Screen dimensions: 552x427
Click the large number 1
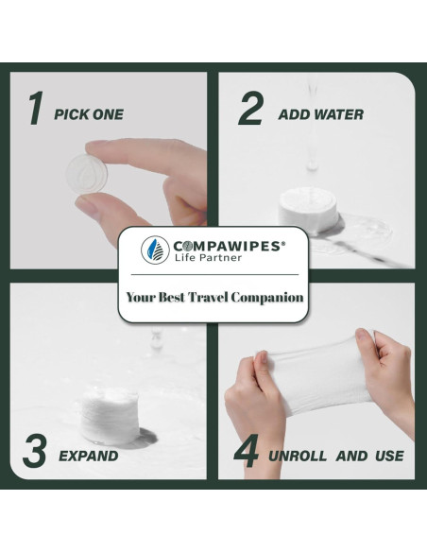tap(34, 110)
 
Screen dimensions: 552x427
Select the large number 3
tap(34, 452)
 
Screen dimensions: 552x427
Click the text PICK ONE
tap(89, 114)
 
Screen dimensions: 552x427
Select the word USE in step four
tap(387, 457)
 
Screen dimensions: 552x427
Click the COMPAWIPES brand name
tap(224, 243)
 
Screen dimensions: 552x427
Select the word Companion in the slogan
tap(276, 297)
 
